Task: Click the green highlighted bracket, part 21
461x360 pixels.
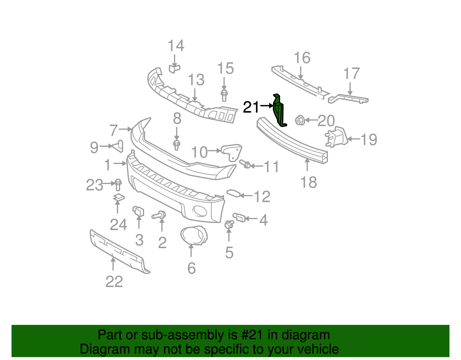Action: pyautogui.click(x=279, y=111)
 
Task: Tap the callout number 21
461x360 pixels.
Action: pyautogui.click(x=251, y=107)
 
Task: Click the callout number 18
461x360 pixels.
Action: pyautogui.click(x=308, y=182)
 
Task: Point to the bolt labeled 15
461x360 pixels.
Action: pyautogui.click(x=224, y=95)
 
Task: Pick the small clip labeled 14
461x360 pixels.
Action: pyautogui.click(x=174, y=69)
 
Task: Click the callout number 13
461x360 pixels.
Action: pyautogui.click(x=196, y=80)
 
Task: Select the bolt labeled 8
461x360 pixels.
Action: pyautogui.click(x=177, y=145)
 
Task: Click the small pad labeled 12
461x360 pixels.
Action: pyautogui.click(x=234, y=193)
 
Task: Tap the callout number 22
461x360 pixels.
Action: pyautogui.click(x=114, y=282)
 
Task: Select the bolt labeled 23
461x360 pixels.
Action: pyautogui.click(x=118, y=184)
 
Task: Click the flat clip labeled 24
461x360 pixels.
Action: pyautogui.click(x=118, y=198)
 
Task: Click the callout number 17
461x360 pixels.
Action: pyautogui.click(x=352, y=73)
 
